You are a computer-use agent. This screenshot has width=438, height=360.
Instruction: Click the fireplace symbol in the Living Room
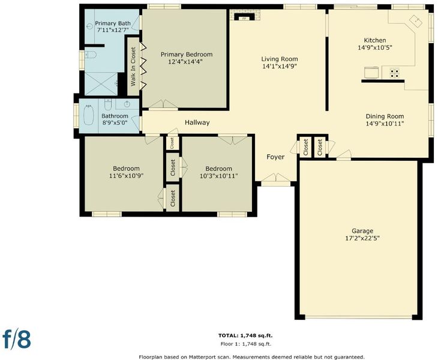tap(245, 17)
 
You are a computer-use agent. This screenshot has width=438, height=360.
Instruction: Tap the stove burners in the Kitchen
tap(394, 73)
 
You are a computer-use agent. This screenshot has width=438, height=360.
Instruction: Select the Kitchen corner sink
tap(416, 21)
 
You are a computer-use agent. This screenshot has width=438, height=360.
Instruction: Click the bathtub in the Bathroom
tap(89, 115)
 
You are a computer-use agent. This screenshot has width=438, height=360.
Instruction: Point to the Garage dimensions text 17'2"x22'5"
tap(362, 239)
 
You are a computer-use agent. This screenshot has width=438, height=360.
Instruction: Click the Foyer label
tap(275, 157)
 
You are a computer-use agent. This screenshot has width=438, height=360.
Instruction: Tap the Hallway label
tap(197, 122)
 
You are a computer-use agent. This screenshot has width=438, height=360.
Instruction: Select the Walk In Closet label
tap(133, 67)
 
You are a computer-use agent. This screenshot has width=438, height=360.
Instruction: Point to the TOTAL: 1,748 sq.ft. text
tap(245, 335)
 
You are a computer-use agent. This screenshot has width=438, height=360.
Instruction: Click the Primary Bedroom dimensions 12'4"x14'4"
tap(185, 62)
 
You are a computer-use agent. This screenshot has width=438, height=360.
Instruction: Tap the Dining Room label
tap(385, 116)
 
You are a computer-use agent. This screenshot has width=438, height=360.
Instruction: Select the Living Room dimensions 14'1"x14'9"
tap(280, 66)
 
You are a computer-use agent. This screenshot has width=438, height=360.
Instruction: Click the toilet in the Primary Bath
tap(90, 55)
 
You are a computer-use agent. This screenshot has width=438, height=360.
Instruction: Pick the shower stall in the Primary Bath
tap(101, 84)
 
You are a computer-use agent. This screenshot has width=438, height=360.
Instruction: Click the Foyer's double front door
tap(276, 178)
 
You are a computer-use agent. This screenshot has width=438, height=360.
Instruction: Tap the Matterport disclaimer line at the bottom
tap(251, 357)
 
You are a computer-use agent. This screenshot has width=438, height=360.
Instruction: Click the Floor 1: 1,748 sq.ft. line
tap(246, 344)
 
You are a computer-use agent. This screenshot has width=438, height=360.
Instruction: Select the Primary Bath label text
tap(113, 23)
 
